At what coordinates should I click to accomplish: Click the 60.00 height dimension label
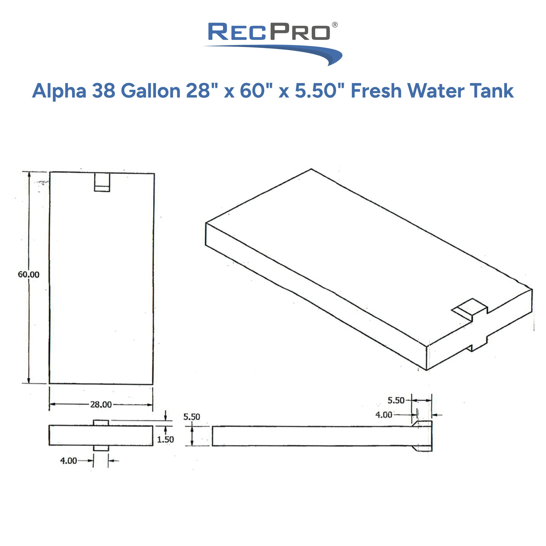tap(29, 274)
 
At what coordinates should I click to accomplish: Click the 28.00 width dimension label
tap(101, 405)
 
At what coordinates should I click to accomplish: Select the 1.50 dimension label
tap(165, 440)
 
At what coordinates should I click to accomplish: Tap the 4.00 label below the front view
tap(69, 461)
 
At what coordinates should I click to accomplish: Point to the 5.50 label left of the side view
tap(192, 417)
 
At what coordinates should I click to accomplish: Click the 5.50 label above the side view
tap(396, 400)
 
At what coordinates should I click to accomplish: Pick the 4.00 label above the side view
tap(384, 415)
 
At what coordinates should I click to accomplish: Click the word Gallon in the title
tap(151, 91)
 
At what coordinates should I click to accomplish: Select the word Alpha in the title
tap(59, 91)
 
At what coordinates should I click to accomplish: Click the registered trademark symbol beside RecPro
tap(335, 25)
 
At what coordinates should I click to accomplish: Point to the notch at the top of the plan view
tap(102, 182)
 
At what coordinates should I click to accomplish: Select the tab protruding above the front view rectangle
tap(101, 423)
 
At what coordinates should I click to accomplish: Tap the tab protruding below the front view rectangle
tap(101, 448)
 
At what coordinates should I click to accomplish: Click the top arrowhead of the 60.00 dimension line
tap(29, 175)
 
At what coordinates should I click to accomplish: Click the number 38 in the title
tap(104, 91)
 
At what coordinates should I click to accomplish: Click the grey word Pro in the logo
tap(300, 32)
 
